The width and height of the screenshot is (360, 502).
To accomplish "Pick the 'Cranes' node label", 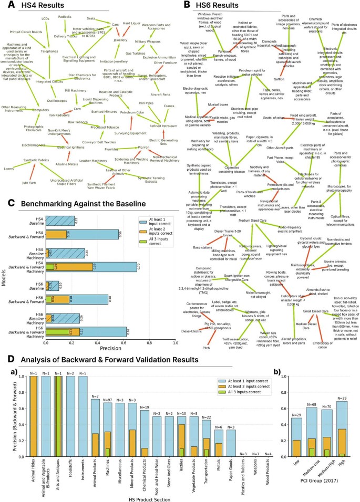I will pos(169,106).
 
